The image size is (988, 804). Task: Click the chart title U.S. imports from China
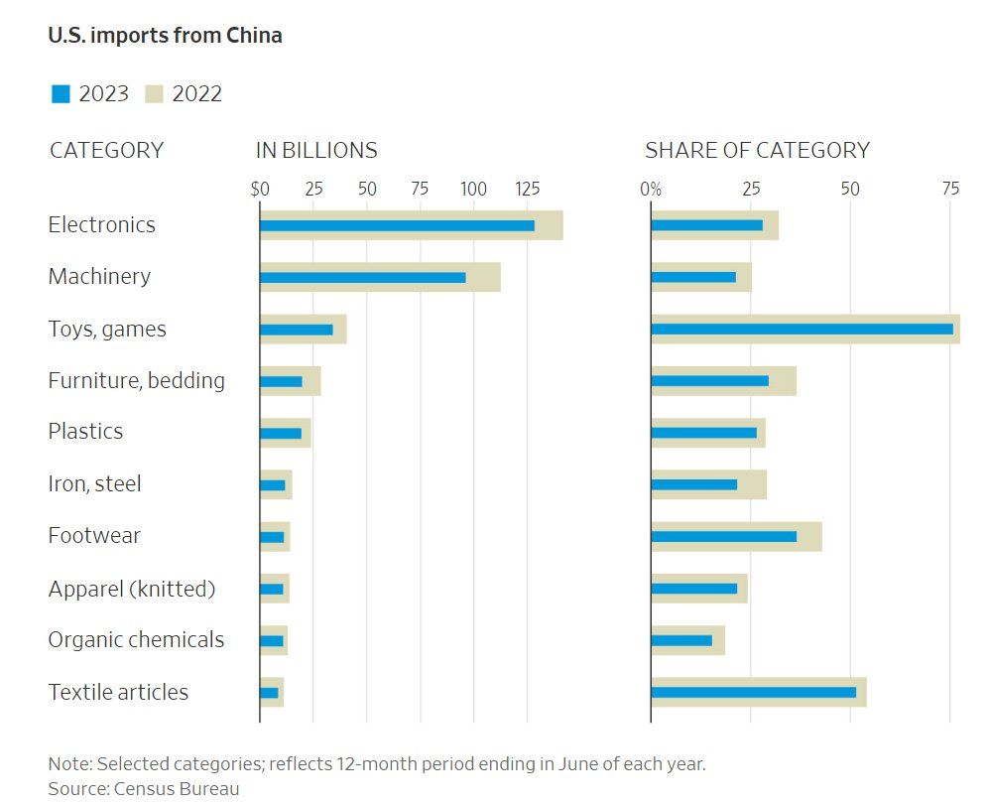click(165, 36)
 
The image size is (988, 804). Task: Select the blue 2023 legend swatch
click(62, 94)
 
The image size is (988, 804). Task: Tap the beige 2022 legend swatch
click(154, 94)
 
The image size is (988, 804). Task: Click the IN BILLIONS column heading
click(316, 151)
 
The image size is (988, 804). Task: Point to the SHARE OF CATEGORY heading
click(757, 151)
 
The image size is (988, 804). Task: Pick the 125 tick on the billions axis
click(527, 189)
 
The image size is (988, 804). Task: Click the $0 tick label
click(260, 189)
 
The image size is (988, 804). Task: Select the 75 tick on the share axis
click(949, 189)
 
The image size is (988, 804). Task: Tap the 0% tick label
click(651, 189)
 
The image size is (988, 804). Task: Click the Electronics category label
click(102, 225)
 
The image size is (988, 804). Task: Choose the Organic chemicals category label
click(136, 640)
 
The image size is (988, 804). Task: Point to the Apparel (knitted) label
click(132, 589)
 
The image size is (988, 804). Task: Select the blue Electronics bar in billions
click(397, 225)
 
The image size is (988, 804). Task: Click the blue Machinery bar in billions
click(363, 277)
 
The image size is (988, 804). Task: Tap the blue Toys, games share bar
click(802, 329)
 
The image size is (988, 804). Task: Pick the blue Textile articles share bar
click(753, 692)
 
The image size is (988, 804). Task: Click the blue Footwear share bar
click(723, 536)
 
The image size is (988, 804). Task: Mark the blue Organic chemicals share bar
click(681, 640)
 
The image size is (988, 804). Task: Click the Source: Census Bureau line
click(144, 788)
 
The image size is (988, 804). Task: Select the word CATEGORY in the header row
click(106, 151)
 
